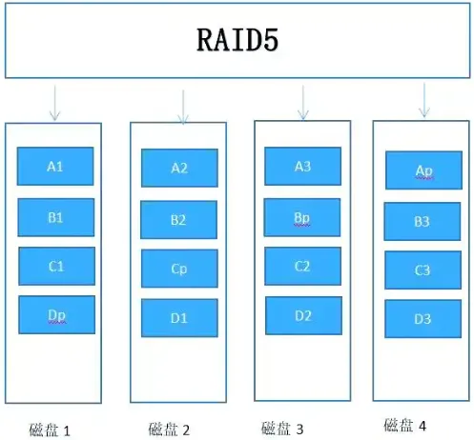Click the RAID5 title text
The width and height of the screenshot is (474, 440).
237,42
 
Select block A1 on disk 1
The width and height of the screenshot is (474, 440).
55,167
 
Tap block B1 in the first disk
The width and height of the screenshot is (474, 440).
55,217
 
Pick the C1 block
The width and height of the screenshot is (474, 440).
55,266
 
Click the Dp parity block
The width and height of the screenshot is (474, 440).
55,314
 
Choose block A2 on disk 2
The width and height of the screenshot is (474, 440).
179,169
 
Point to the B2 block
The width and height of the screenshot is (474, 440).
178,220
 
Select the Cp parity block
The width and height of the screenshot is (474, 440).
178,269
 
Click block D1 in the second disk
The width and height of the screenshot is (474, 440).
178,317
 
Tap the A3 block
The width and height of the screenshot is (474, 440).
302,167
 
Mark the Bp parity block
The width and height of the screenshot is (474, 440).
302,217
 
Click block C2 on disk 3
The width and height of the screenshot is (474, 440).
302,266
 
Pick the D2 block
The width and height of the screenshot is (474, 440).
302,315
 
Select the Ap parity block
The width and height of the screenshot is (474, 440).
423,170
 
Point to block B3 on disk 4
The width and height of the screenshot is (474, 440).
422,221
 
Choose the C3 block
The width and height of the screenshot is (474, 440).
422,270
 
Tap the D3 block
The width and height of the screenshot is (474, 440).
422,319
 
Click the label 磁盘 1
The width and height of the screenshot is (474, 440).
50,430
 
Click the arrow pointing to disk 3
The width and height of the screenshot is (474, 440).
303,102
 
